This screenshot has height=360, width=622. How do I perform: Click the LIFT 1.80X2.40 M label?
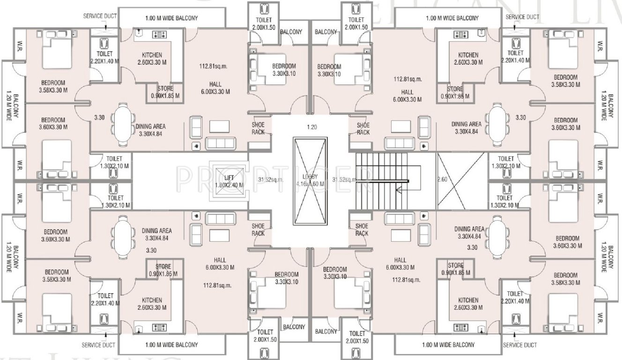pos(229,181)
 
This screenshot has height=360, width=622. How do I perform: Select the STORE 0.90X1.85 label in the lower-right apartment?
pos(456,269)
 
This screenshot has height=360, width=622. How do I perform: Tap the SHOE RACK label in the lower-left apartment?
pos(258,230)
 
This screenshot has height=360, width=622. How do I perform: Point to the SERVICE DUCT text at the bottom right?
pos(519,345)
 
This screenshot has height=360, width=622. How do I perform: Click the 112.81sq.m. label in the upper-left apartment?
pos(213,66)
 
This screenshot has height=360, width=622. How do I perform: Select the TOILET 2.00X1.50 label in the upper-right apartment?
pos(356,23)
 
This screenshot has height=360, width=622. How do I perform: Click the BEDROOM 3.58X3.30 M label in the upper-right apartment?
pos(565,81)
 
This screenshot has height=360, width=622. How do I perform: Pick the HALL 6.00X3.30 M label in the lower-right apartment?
pos(400,264)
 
